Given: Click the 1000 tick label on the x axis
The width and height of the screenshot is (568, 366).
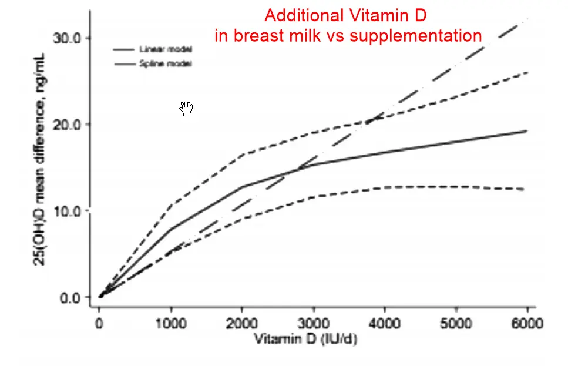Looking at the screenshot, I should coord(170,323).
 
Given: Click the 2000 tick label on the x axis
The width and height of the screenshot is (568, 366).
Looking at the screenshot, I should coord(242,323).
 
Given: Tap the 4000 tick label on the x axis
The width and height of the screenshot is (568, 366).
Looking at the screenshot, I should coord(385,323).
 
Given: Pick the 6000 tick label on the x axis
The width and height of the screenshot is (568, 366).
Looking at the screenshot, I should coord(527,323).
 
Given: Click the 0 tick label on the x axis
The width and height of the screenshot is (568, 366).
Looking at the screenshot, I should coord(99,323).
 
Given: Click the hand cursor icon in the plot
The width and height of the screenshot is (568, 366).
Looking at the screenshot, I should coord(187,108).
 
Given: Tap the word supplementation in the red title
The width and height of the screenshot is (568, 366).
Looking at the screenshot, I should coord(416,35).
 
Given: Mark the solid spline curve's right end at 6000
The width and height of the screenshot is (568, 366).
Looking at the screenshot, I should coord(526,131).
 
